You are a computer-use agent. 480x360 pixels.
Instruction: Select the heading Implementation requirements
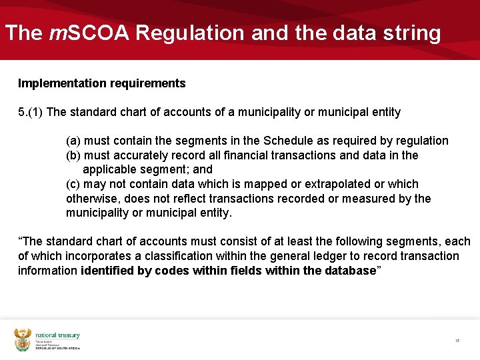[101, 83]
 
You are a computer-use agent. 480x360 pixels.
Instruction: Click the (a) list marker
[73, 141]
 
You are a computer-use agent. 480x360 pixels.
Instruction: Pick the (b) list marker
[73, 155]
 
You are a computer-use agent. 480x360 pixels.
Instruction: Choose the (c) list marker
[73, 184]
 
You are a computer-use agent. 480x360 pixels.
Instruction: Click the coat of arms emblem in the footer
[23, 339]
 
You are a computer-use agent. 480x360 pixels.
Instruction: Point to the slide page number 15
[457, 340]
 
